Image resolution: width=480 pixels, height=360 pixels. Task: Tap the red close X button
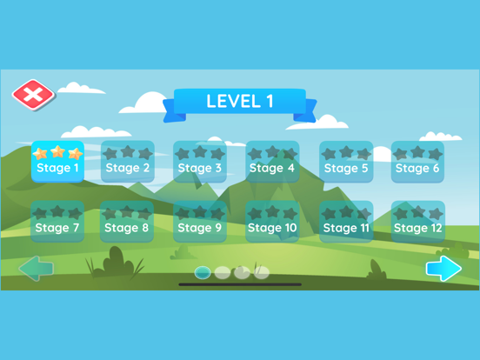pyautogui.click(x=33, y=95)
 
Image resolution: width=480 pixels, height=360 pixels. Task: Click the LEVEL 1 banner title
pyautogui.click(x=240, y=101)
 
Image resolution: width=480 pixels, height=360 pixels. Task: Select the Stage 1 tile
pyautogui.click(x=57, y=162)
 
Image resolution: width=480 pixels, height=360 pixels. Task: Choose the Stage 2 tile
pyautogui.click(x=128, y=162)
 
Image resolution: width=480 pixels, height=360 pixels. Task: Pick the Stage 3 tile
pyautogui.click(x=200, y=162)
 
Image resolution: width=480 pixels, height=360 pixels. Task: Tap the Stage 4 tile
pyautogui.click(x=272, y=162)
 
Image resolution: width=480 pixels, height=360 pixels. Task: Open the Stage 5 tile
pyautogui.click(x=346, y=162)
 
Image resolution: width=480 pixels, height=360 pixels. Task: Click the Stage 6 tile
pyautogui.click(x=418, y=162)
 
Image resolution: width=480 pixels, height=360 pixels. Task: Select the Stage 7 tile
pyautogui.click(x=57, y=222)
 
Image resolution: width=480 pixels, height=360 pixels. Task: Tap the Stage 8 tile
pyautogui.click(x=127, y=222)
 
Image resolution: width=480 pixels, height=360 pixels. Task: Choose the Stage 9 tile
pyautogui.click(x=200, y=222)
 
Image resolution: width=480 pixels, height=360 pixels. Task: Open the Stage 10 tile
pyautogui.click(x=272, y=222)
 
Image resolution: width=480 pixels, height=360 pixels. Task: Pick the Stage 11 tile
pyautogui.click(x=346, y=222)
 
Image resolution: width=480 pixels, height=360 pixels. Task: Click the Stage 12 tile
pyautogui.click(x=418, y=222)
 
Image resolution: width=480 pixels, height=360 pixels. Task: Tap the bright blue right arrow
pyautogui.click(x=443, y=269)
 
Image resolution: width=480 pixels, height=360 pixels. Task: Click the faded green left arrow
pyautogui.click(x=37, y=269)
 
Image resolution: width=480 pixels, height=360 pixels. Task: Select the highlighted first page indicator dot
pyautogui.click(x=203, y=272)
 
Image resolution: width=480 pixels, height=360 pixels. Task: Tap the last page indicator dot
pyautogui.click(x=262, y=272)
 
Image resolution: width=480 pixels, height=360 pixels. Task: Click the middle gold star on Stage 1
pyautogui.click(x=58, y=151)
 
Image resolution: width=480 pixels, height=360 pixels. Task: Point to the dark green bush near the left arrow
pyautogui.click(x=115, y=263)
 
